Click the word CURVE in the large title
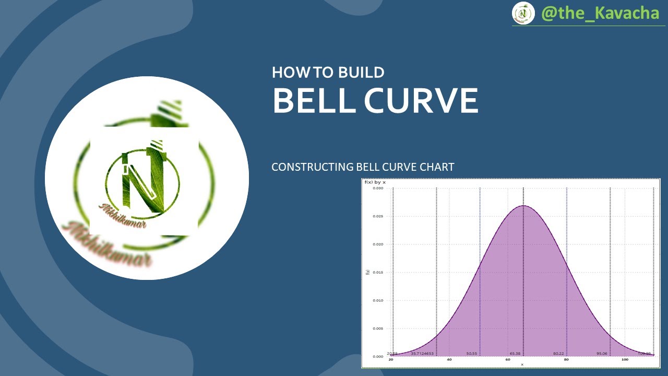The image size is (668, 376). pos(421,100)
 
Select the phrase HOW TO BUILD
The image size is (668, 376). pos(328,72)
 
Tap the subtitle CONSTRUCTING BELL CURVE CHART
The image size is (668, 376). pos(363,167)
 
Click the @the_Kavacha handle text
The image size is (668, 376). pos(600,13)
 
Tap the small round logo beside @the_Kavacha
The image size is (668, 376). pos(523,13)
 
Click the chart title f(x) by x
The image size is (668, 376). pos(375,182)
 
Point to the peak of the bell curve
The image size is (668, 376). pos(523,206)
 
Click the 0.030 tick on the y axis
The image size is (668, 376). pos(377,188)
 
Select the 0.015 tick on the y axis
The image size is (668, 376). pos(377,272)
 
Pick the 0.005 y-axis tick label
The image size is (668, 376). pos(377,328)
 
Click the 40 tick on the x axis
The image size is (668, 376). pos(449,360)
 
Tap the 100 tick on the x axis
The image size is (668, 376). pos(624,360)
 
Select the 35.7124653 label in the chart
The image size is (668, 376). pos(422,354)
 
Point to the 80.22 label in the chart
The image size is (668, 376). pos(558,354)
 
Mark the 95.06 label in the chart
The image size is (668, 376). pos(602,354)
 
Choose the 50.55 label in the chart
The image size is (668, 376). pos(472,354)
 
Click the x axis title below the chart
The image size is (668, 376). pos(522,365)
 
